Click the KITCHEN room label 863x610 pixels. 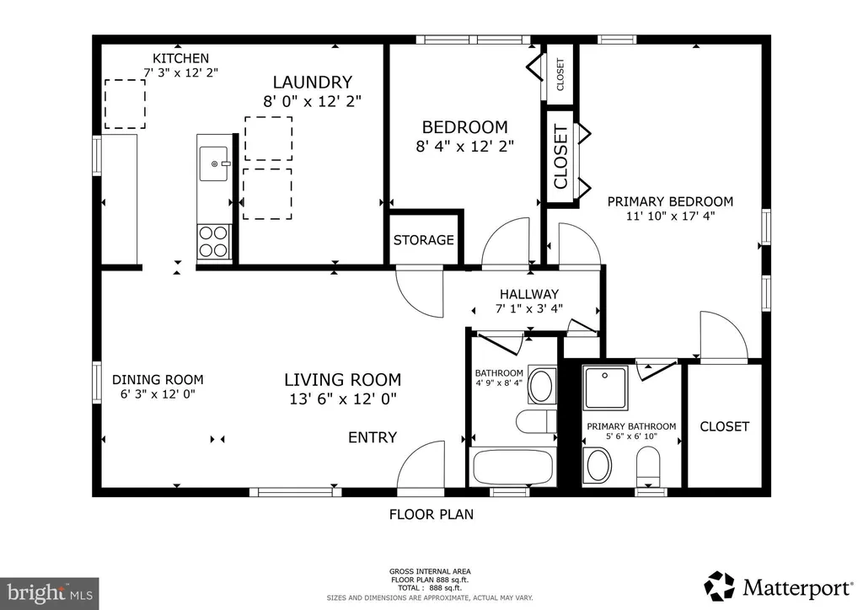(180, 58)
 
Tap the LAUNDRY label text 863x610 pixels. (312, 83)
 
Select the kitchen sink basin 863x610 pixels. (213, 163)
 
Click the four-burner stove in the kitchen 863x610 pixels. (214, 242)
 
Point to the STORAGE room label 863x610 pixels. (423, 240)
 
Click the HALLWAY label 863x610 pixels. (529, 294)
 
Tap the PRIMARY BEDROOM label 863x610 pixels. (670, 202)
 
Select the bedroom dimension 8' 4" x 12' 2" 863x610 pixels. (464, 147)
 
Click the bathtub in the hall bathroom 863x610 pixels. (513, 467)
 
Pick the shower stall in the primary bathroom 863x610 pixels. (605, 388)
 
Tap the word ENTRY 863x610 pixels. (373, 437)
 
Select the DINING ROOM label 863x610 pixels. (158, 379)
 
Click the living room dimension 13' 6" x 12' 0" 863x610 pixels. (343, 399)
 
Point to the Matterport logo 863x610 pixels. (777, 587)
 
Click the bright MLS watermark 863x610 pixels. (50, 593)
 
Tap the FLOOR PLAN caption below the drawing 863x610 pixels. (431, 515)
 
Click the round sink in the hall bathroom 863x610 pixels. (542, 386)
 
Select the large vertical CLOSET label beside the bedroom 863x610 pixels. (560, 158)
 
